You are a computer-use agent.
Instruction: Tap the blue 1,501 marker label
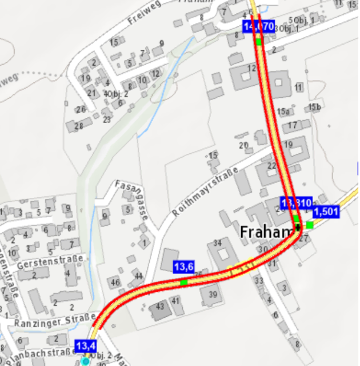pos(326,212)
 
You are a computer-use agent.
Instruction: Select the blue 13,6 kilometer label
pos(184,266)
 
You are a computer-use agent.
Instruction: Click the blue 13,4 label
pos(86,345)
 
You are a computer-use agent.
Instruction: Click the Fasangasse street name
pos(132,199)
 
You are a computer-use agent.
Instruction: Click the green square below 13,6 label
pos(183,282)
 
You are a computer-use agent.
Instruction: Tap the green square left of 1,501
pos(310,225)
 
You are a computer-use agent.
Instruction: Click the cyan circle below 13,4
pos(86,361)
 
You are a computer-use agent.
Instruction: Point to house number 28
pos(79,125)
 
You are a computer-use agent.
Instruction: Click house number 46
pos(115,282)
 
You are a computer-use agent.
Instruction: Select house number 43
pos(160,307)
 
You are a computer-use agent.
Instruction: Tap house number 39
pos(213,294)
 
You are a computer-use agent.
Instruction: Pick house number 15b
pos(314,107)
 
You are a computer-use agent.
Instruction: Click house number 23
pos(107,120)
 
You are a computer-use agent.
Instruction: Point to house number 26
pos(81,109)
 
